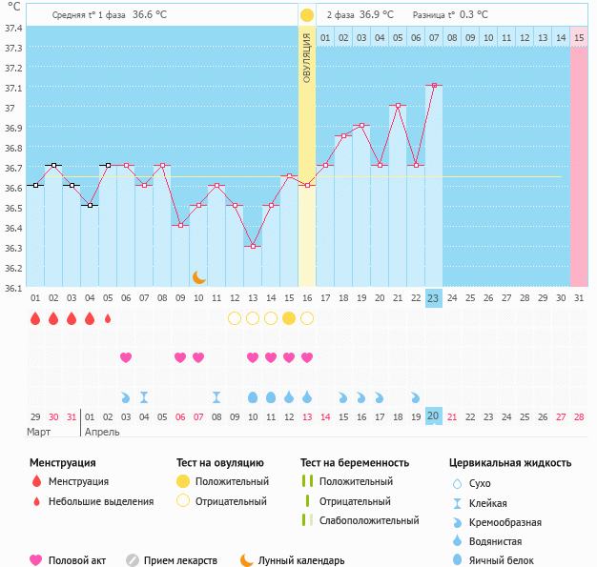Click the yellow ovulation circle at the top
coord(307,15)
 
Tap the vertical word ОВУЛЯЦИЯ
coord(307,57)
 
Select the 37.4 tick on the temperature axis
coord(14,28)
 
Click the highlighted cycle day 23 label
coord(434,298)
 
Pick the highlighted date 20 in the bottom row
coord(434,415)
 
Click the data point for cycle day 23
coord(434,85)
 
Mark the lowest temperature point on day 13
coord(253,246)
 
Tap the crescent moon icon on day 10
coord(198,276)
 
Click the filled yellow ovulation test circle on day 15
coord(289,318)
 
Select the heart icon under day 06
coord(126,357)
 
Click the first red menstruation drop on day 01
coord(35,318)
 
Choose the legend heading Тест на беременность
coord(355,463)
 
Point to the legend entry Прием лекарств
coord(180,561)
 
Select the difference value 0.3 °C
coord(474,15)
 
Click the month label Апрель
coord(102,432)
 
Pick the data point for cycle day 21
coord(398,105)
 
